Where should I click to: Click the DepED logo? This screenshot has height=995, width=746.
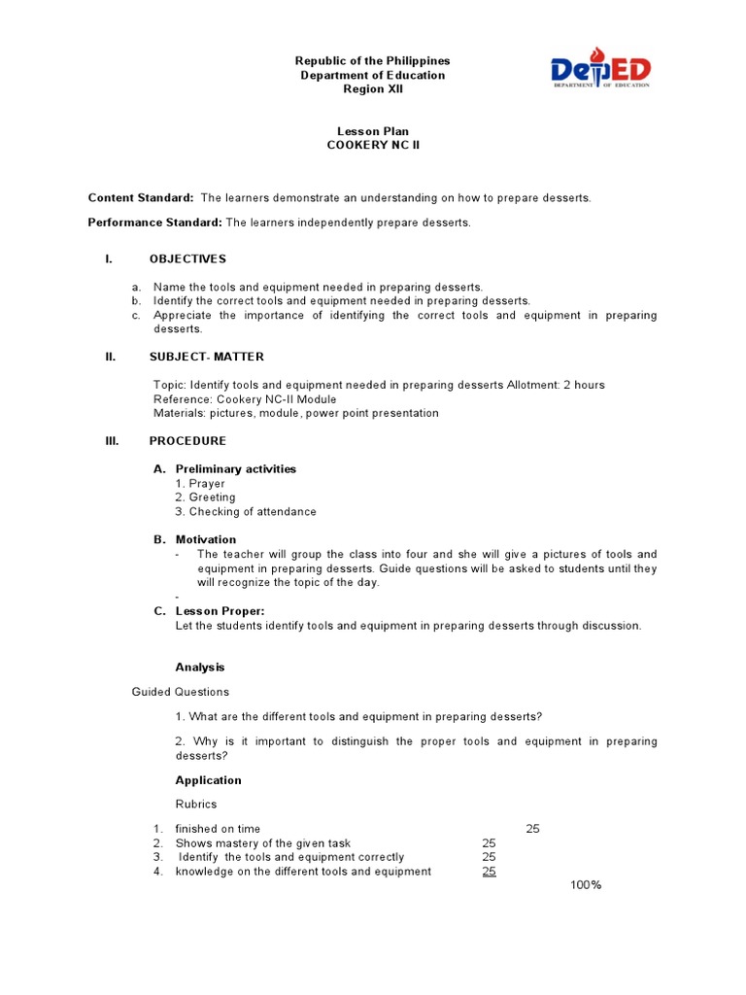tap(601, 70)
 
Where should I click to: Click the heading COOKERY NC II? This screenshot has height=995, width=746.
tap(373, 146)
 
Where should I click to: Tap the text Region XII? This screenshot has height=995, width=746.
tap(373, 89)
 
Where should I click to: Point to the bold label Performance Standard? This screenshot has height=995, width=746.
tap(155, 223)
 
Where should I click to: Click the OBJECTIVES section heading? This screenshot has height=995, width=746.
tap(187, 258)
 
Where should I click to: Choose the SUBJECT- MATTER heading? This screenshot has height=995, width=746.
tap(206, 357)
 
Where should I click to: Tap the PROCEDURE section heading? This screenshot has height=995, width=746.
tap(187, 441)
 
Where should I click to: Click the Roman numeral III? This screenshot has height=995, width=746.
tap(112, 441)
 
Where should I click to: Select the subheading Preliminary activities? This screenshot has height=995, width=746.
tap(236, 469)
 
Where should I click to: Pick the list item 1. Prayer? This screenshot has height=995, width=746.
tap(200, 484)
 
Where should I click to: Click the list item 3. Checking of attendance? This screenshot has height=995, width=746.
tap(246, 512)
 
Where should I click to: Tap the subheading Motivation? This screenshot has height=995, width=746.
tap(206, 539)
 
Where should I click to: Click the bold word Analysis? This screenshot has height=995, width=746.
tap(200, 668)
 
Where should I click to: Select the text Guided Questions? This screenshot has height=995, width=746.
tap(181, 692)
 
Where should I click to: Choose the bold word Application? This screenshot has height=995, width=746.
tap(209, 780)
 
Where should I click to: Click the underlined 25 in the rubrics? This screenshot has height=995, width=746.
tap(490, 872)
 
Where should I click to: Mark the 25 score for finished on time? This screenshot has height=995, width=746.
tap(532, 829)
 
